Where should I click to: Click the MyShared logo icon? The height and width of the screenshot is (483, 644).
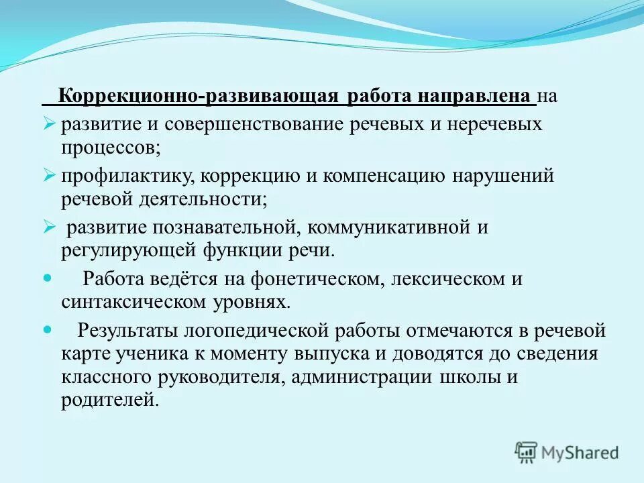click(x=527, y=452)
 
